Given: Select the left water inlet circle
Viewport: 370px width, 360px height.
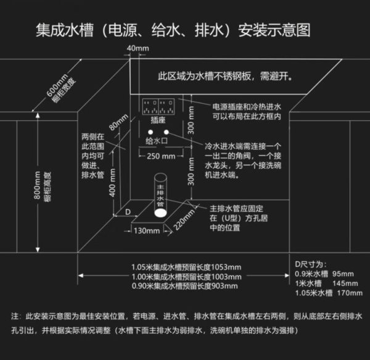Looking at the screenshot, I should point(150,132).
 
